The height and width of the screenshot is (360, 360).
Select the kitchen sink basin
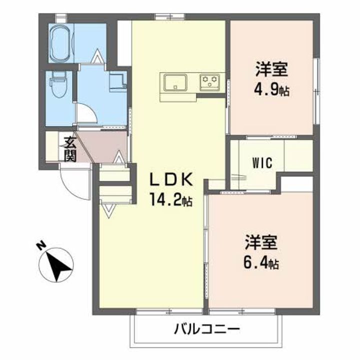[x=173, y=81]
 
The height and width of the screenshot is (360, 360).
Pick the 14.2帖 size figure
[x=170, y=201]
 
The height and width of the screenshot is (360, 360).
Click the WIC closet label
[x=262, y=163]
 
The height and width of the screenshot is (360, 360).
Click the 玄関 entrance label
[x=68, y=149]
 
